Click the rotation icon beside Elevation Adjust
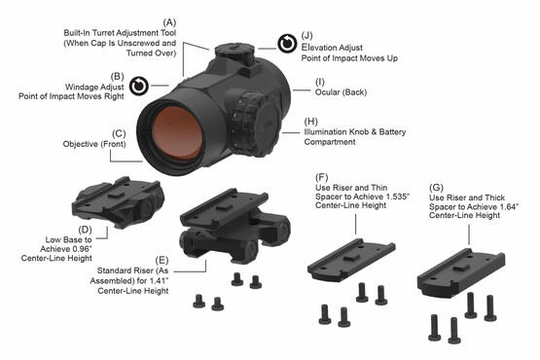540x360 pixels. click(x=286, y=43)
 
